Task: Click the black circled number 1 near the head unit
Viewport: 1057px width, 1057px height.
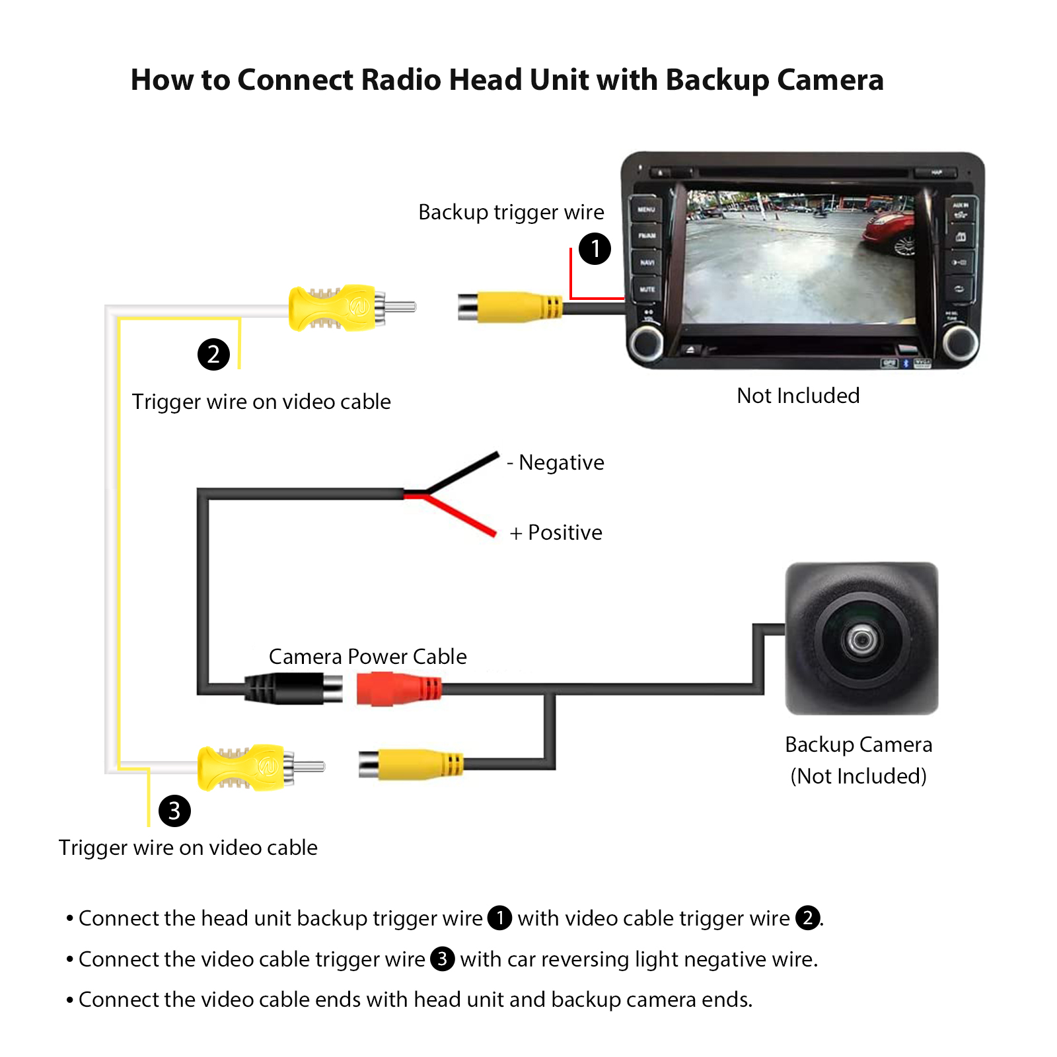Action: pos(595,249)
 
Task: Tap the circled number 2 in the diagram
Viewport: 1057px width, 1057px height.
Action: pos(213,355)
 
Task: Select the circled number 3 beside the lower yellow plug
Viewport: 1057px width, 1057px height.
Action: pos(174,811)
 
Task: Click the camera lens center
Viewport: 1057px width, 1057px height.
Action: pos(861,639)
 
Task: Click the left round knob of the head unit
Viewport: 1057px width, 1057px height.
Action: pos(646,342)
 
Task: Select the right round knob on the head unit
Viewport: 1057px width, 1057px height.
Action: pos(959,342)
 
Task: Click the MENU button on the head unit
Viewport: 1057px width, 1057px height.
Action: pos(646,209)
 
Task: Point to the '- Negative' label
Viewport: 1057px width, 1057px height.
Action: pos(556,462)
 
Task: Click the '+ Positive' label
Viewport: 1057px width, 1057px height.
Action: pos(556,532)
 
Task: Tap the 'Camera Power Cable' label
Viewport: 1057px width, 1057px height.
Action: pos(367,657)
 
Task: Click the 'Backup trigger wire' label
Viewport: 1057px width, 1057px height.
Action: pos(511,212)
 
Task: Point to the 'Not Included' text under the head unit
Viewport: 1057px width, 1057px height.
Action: pos(798,396)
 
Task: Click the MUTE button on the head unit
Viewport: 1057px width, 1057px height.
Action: pos(647,289)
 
